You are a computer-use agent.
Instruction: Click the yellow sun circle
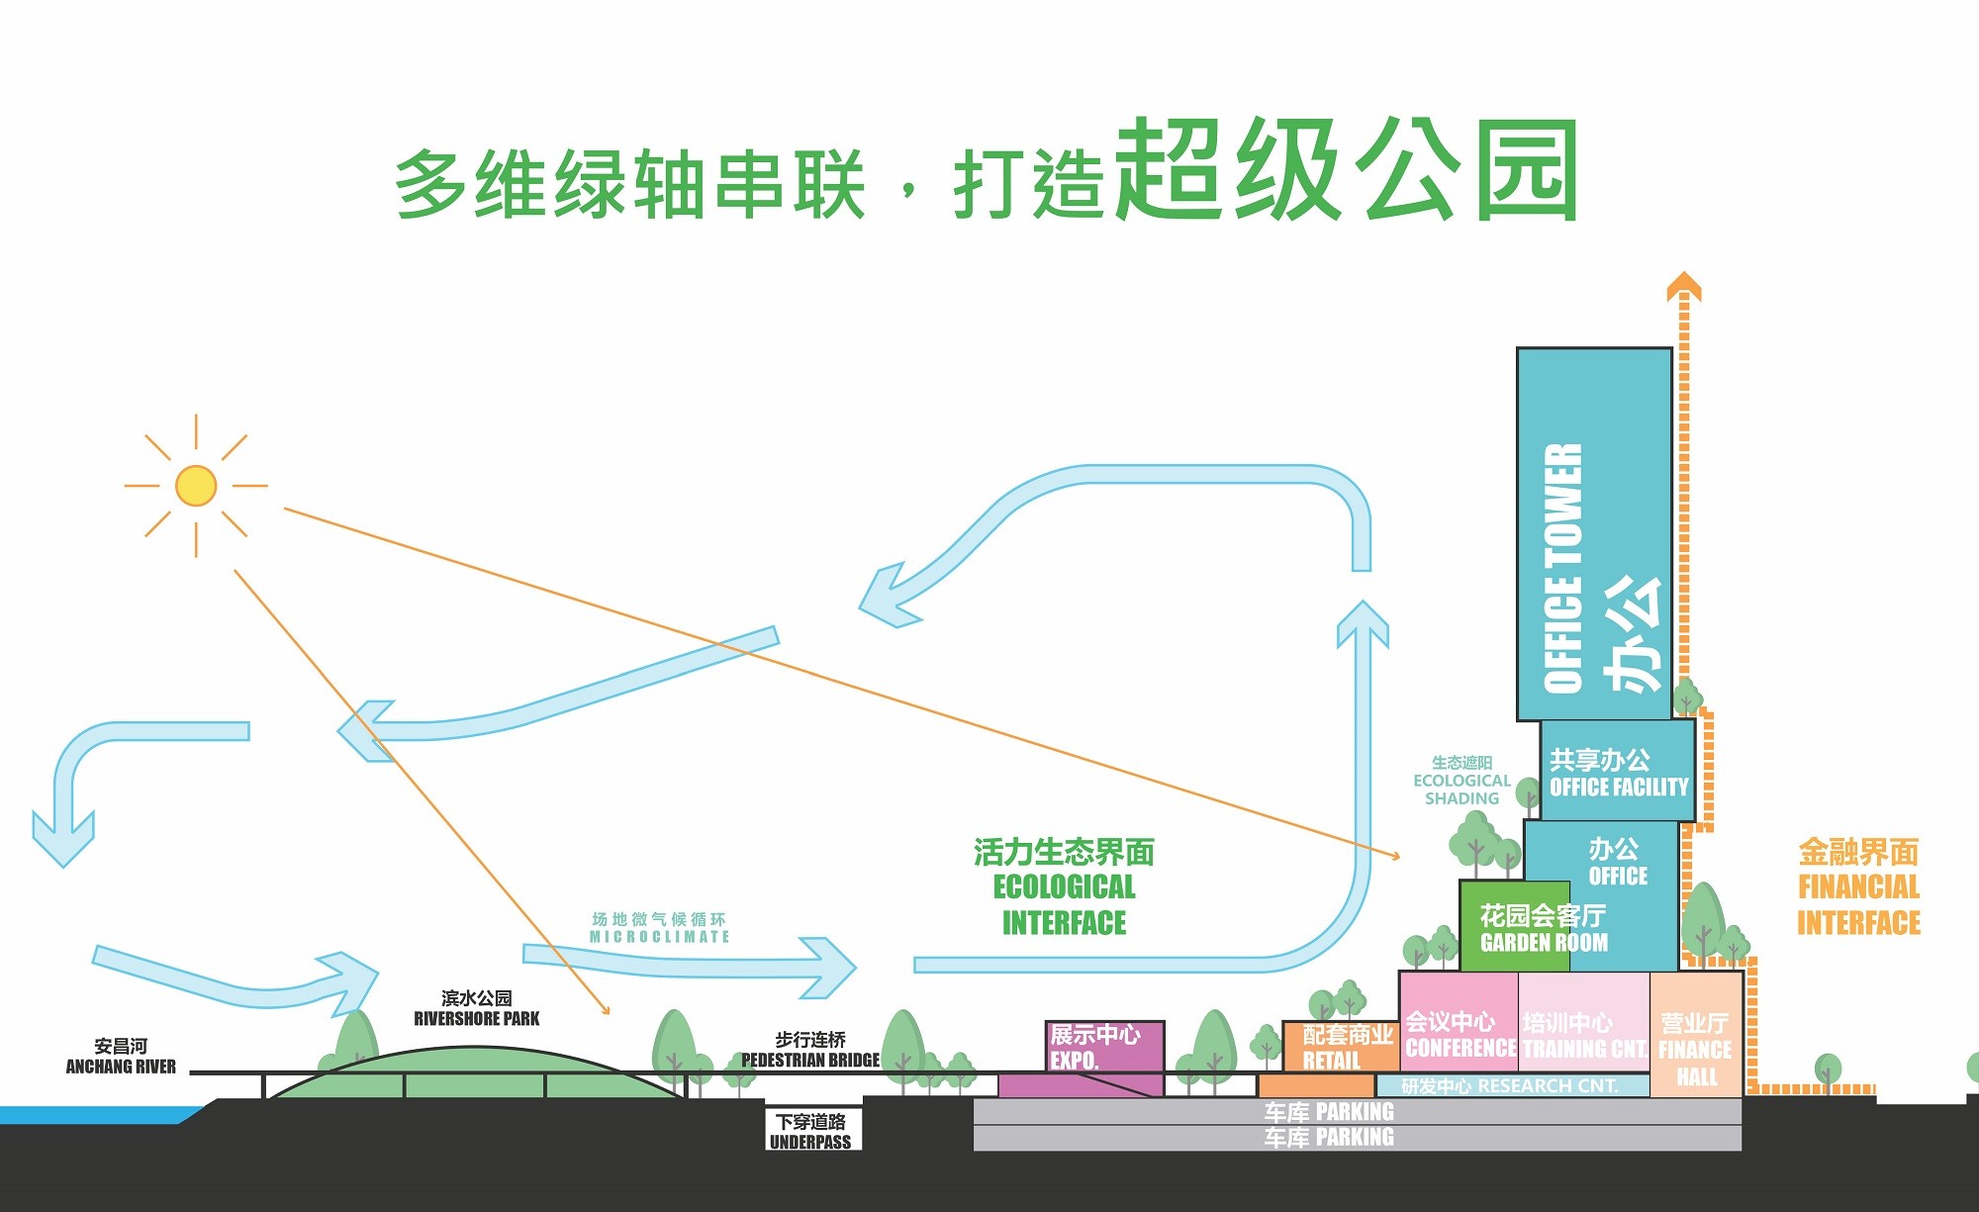pos(196,486)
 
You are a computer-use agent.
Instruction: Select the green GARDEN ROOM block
pos(1514,928)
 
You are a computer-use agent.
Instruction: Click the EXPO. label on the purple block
pos(1075,1060)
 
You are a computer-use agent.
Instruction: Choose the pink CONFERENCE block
pos(1459,1034)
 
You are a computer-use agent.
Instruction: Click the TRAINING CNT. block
pos(1583,1034)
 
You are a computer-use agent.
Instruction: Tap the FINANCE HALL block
pos(1696,1049)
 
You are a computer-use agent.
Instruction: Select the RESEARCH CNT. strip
pos(1510,1086)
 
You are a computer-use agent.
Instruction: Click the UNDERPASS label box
pos(811,1131)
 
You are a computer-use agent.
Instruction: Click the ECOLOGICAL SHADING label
pos(1461,781)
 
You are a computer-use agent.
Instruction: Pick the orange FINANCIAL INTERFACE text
pos(1858,887)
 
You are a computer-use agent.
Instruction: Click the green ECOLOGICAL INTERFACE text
pos(1064,887)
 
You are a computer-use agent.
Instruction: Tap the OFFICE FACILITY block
pos(1619,773)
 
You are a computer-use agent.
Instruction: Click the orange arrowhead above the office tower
pos(1683,286)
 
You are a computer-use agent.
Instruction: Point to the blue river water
pos(89,1115)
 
